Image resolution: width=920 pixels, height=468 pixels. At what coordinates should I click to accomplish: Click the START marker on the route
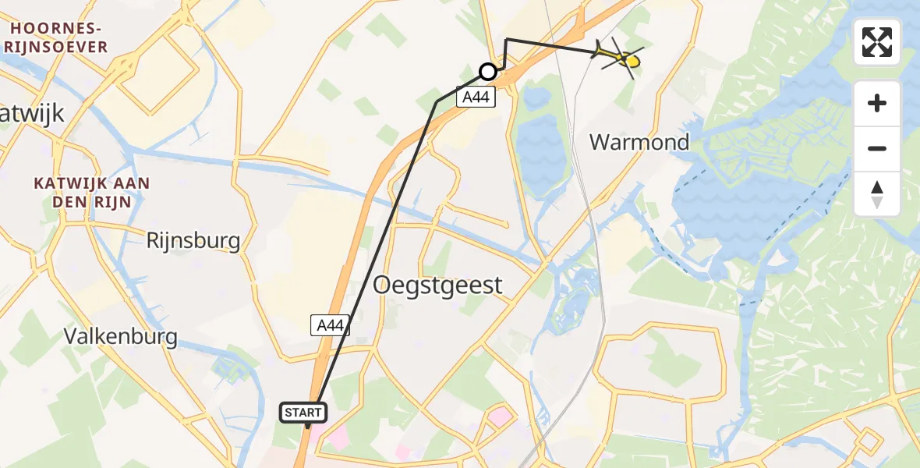304,413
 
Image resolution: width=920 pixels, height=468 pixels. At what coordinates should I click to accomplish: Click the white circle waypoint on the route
488,72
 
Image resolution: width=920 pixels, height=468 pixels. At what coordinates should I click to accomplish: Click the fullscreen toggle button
877,42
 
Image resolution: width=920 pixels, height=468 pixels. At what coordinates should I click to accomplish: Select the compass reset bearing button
877,194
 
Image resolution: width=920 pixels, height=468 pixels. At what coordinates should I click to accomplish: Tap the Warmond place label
639,142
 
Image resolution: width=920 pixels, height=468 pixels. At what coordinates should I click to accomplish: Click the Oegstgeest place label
437,285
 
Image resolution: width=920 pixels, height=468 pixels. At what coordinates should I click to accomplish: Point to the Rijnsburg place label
193,240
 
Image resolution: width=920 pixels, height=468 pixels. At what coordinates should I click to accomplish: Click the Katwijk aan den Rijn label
92,192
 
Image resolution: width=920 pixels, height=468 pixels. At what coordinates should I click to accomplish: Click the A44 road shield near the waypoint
476,97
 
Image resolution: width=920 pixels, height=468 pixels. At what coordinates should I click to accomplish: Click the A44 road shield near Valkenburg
330,325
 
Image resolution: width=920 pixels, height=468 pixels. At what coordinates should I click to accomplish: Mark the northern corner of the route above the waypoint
506,39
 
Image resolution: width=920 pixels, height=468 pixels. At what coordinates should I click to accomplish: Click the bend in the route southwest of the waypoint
437,101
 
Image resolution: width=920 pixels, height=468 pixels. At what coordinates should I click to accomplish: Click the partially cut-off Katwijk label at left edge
31,115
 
